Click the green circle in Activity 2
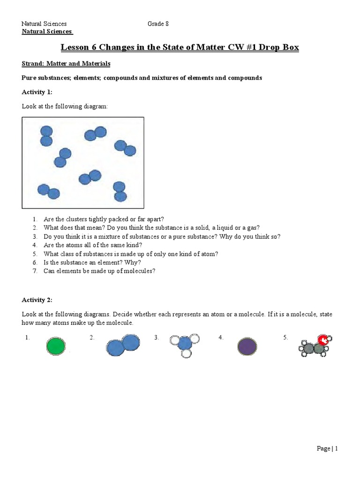[x=56, y=346]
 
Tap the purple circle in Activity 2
[x=247, y=346]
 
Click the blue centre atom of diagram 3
[x=185, y=343]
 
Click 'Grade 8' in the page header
[x=158, y=24]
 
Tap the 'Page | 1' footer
[x=327, y=449]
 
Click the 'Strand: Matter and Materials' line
[x=66, y=63]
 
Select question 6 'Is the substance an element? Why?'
[x=92, y=262]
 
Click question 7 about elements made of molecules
[x=99, y=271]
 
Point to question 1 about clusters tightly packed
[x=104, y=219]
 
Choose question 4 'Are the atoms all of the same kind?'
[x=93, y=245]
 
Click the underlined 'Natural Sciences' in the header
[x=47, y=31]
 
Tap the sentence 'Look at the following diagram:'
[x=65, y=106]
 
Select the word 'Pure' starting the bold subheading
[x=29, y=78]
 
